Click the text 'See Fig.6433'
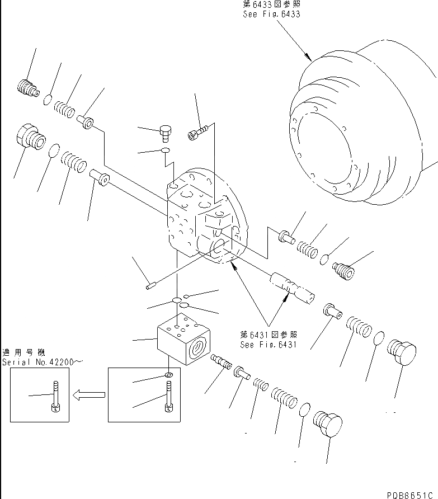[271, 14]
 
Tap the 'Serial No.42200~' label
[42, 362]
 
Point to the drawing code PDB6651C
[411, 495]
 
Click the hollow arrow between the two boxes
[90, 395]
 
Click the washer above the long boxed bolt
[168, 375]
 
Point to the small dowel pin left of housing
[150, 287]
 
